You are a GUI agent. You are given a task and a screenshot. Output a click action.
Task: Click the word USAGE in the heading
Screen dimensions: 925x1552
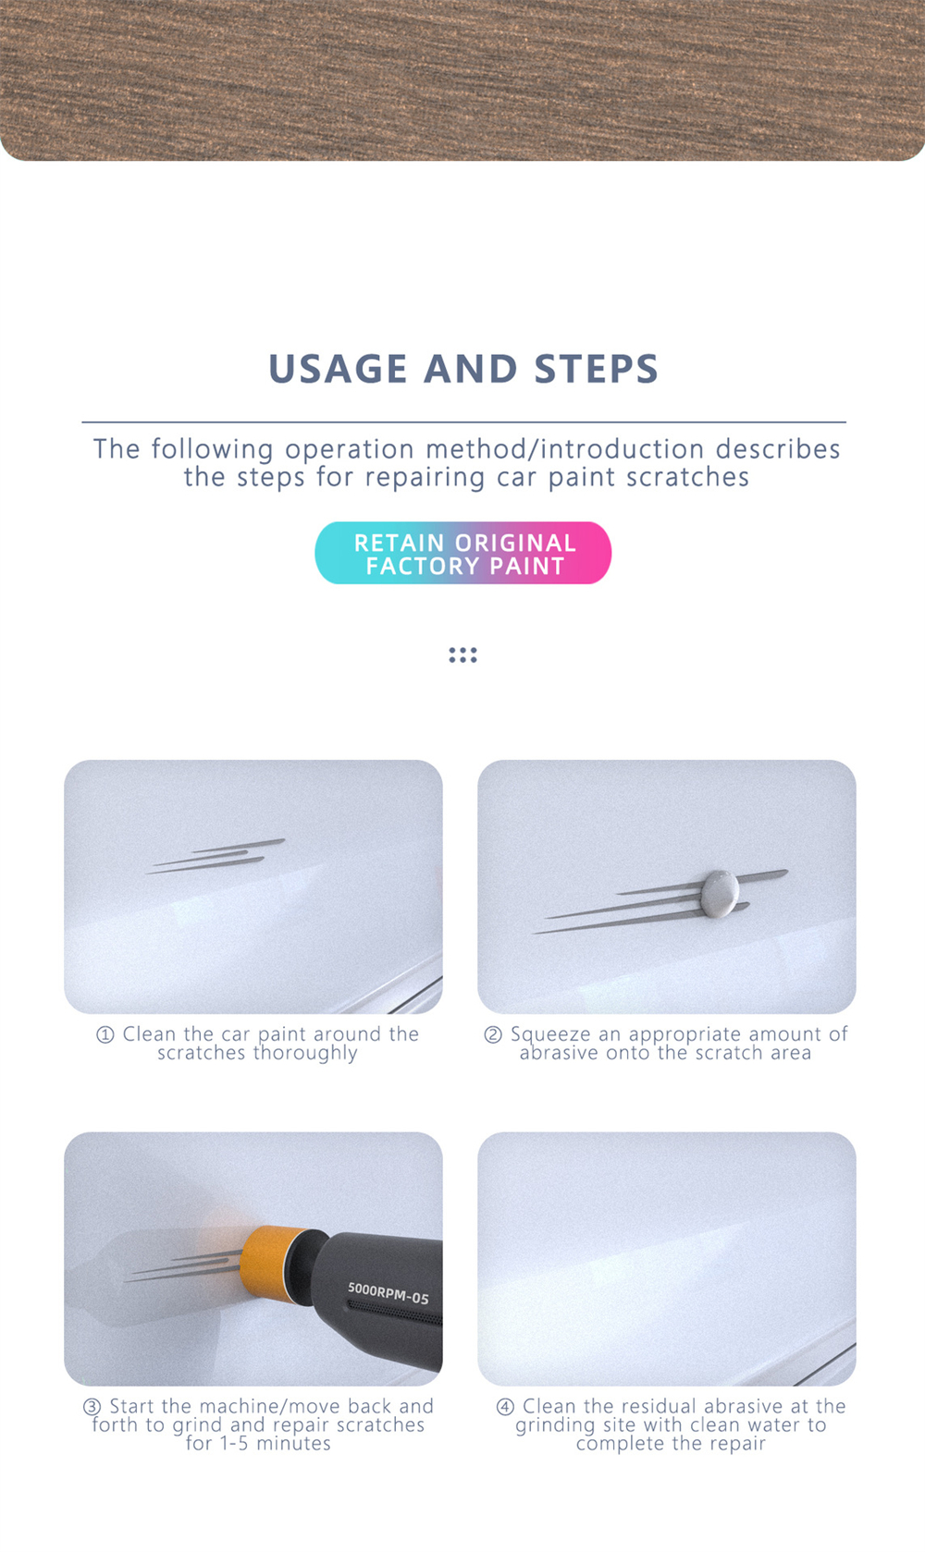tap(339, 368)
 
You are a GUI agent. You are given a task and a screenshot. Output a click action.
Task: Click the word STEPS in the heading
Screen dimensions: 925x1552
tap(596, 368)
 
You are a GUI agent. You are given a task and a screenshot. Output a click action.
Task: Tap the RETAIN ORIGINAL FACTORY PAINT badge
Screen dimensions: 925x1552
tap(463, 553)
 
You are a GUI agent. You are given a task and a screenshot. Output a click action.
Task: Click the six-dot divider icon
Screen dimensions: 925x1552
tap(462, 654)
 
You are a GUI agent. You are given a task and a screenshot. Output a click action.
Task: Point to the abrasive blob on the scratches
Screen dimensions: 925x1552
tap(719, 893)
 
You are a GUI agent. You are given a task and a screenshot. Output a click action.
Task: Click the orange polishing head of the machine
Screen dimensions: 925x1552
tap(274, 1262)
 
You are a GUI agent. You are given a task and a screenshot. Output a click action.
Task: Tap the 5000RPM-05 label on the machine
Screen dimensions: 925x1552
tap(388, 1293)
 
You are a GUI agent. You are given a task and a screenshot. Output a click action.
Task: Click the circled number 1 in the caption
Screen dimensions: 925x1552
tap(105, 1035)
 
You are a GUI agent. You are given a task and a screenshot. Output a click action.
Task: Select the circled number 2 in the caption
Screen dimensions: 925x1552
tap(492, 1035)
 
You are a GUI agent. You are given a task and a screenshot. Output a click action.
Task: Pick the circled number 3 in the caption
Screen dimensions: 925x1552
tap(92, 1407)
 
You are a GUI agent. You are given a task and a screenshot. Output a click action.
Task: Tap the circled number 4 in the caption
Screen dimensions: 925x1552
tap(505, 1407)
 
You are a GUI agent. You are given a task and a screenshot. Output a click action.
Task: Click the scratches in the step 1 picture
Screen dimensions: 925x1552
tap(216, 856)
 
